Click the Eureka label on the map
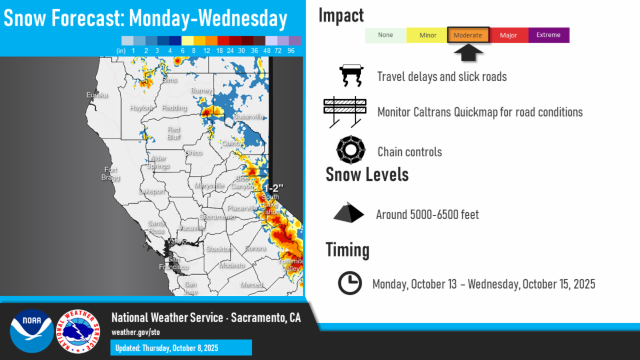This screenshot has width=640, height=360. pyautogui.click(x=97, y=95)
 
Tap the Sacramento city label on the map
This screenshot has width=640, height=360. pyautogui.click(x=217, y=217)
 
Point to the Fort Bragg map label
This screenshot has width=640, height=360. pyautogui.click(x=111, y=173)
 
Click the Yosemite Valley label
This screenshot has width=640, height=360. pyautogui.click(x=291, y=265)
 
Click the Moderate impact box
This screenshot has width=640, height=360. pyautogui.click(x=468, y=35)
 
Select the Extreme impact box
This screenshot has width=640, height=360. pyautogui.click(x=549, y=35)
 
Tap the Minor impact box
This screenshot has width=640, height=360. pyautogui.click(x=427, y=35)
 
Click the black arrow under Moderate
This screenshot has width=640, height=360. pyautogui.click(x=468, y=52)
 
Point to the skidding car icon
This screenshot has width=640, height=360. pyautogui.click(x=351, y=76)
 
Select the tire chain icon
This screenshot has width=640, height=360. pyautogui.click(x=350, y=151)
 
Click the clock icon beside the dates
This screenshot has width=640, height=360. pyautogui.click(x=350, y=283)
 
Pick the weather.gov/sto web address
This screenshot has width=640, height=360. pyautogui.click(x=135, y=332)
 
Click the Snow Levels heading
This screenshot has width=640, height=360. pyautogui.click(x=367, y=174)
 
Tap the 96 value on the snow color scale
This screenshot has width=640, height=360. pyautogui.click(x=291, y=51)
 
